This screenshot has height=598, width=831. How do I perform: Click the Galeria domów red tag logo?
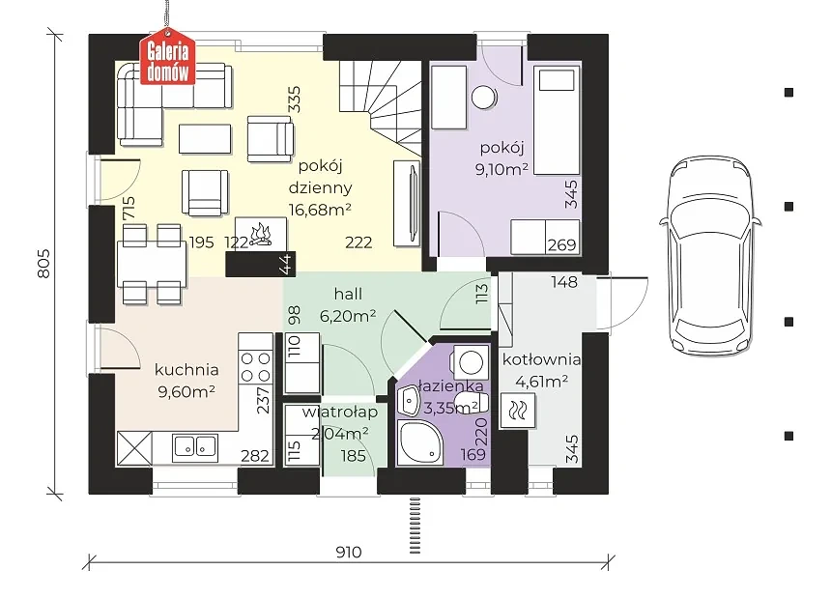pyautogui.click(x=167, y=59)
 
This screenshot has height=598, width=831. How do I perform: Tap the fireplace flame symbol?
pyautogui.click(x=261, y=234)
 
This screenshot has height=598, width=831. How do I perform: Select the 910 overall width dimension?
pyautogui.click(x=349, y=553)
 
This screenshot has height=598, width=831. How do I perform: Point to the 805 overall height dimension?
pyautogui.click(x=44, y=263)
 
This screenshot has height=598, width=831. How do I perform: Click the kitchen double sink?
pyautogui.click(x=195, y=446)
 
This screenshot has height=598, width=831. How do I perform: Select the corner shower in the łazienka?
pyautogui.click(x=419, y=442)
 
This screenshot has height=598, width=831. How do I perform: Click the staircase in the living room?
pyautogui.click(x=381, y=107)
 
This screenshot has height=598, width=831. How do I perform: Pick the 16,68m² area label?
pyautogui.click(x=320, y=210)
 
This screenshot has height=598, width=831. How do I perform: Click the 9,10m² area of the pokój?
pyautogui.click(x=501, y=169)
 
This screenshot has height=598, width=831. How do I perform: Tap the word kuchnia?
pyautogui.click(x=186, y=369)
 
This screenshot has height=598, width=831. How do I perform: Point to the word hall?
pyautogui.click(x=348, y=294)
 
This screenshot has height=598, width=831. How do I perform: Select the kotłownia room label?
pyautogui.click(x=541, y=359)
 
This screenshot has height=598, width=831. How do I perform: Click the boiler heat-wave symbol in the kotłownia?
pyautogui.click(x=517, y=410)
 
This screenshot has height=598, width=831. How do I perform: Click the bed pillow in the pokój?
pyautogui.click(x=557, y=81)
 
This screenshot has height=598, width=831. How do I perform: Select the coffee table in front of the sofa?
pyautogui.click(x=205, y=139)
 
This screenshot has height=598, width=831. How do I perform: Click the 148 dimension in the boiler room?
pyautogui.click(x=564, y=282)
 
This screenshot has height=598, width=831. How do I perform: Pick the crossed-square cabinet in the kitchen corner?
pyautogui.click(x=134, y=448)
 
